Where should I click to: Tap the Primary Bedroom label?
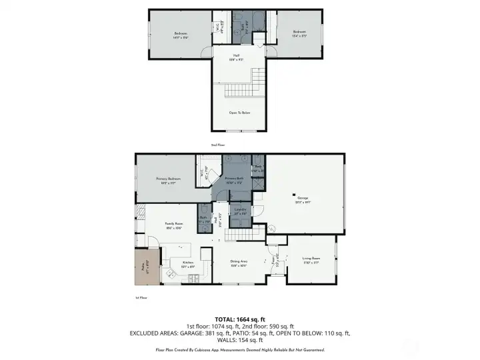(x=169, y=179)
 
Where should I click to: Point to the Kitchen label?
(x=188, y=263)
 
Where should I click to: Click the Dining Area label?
(x=239, y=262)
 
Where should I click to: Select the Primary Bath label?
(x=234, y=179)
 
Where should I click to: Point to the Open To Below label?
(x=239, y=113)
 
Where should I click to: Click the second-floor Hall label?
(x=237, y=55)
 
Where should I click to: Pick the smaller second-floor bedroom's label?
(x=299, y=32)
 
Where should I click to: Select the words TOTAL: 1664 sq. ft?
(x=240, y=319)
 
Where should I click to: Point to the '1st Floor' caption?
(x=141, y=297)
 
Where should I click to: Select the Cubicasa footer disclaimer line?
(x=240, y=349)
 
